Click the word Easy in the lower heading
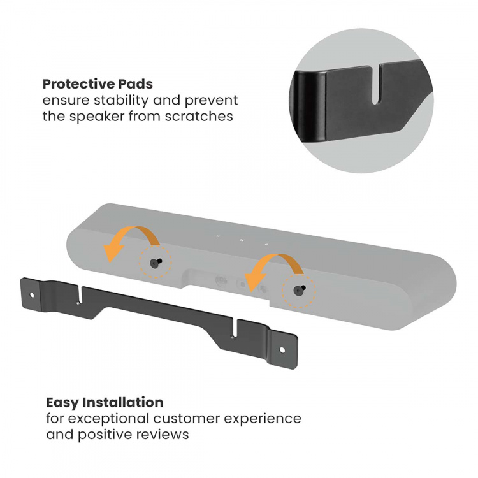click(61, 403)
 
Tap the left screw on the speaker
click(156, 263)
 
